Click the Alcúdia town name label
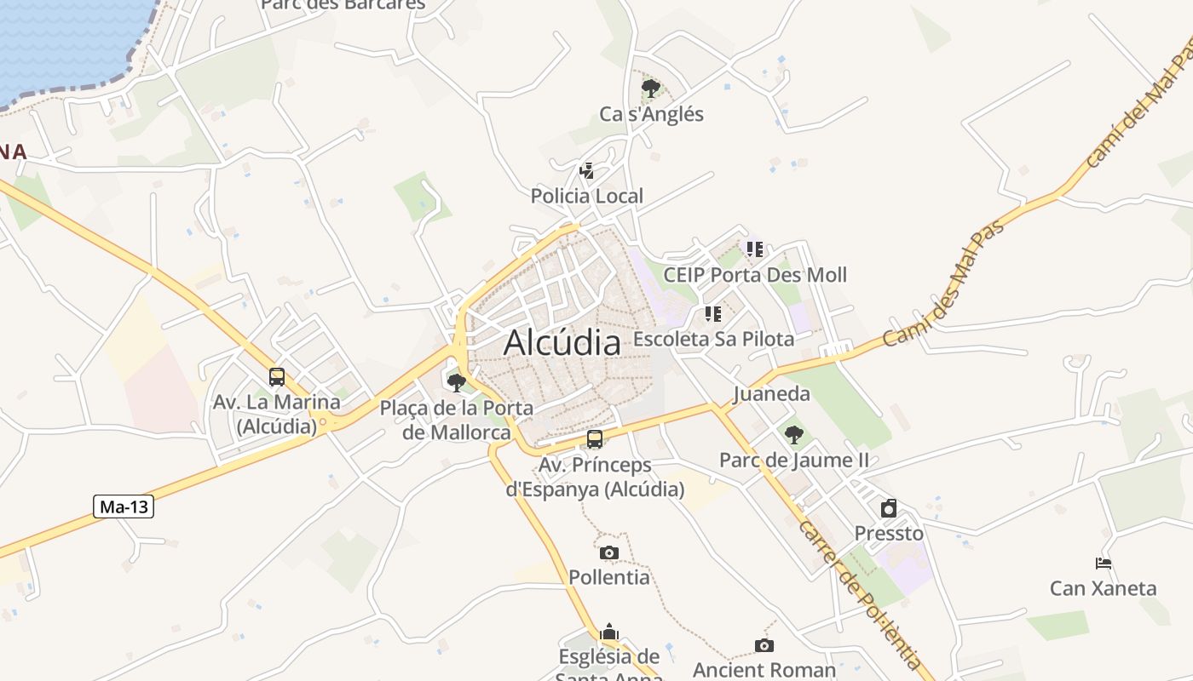pos(562,342)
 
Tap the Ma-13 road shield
pos(124,507)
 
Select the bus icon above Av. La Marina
pos(277,377)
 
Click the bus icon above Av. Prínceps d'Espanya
pos(595,440)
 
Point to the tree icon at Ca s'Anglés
pos(651,88)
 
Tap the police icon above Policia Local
pos(586,171)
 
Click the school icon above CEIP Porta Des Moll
pos(755,249)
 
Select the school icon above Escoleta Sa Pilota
pos(713,314)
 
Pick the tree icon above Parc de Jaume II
pos(793,435)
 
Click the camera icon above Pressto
pos(889,508)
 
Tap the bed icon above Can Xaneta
pos(1104,564)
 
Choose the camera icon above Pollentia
pos(608,553)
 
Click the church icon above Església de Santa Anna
pos(609,632)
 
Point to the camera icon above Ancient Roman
pos(764,646)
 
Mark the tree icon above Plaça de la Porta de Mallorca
pos(457,382)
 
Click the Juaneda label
pos(772,394)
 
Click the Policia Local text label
pos(587,196)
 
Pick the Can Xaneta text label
pos(1103,588)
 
